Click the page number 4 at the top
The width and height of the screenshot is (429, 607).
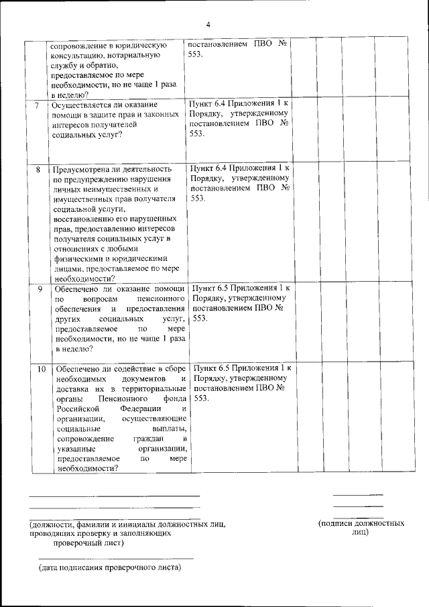tap(208, 25)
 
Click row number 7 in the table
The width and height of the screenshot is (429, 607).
tap(36, 105)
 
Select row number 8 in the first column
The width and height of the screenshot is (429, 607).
tap(38, 169)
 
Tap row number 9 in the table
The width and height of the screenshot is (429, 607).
tap(39, 289)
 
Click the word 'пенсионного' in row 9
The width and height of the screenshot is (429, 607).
tap(160, 299)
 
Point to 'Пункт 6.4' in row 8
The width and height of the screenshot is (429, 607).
tap(212, 168)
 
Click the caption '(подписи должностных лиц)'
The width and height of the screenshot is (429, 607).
tap(361, 527)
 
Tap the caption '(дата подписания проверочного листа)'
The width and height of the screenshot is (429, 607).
tap(110, 567)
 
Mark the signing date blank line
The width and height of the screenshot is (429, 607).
tap(115, 558)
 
